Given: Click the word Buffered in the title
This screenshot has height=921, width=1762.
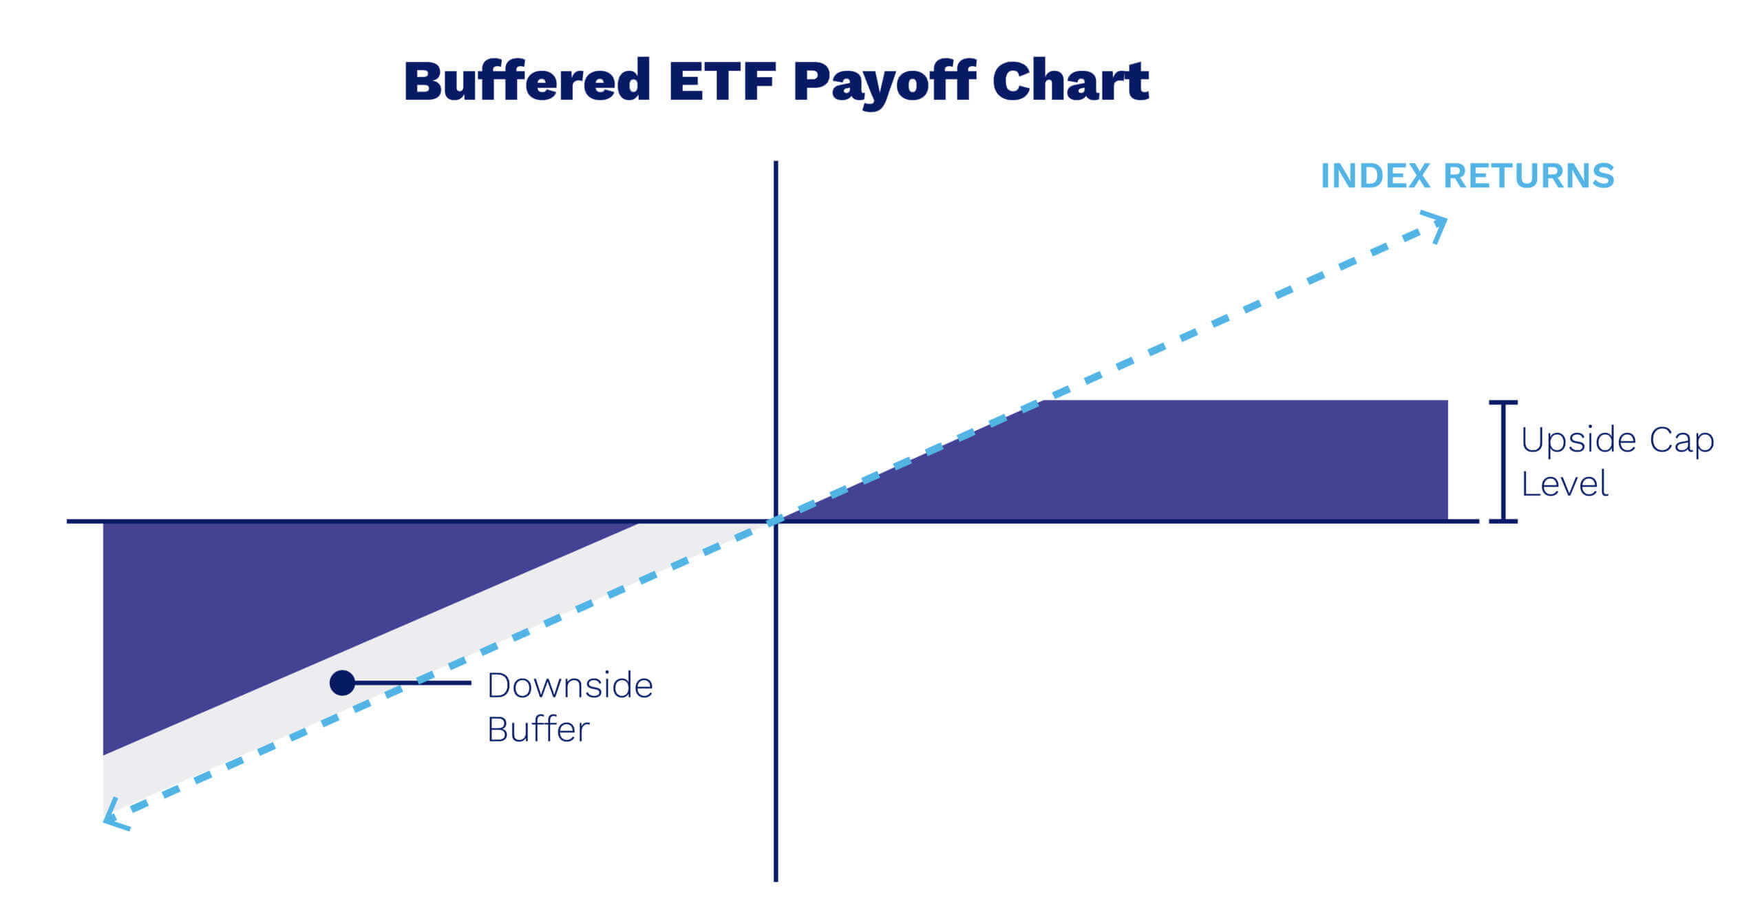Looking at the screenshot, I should tap(527, 82).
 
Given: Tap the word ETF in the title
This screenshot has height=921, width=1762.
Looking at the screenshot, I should tap(722, 82).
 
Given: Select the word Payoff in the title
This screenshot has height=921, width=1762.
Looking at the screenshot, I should tap(885, 83).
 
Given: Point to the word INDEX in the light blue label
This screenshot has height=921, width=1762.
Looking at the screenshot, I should tap(1375, 176).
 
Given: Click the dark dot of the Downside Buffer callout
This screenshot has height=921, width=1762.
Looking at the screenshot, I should tap(342, 683).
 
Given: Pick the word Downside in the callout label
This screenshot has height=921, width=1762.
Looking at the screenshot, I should tap(570, 686).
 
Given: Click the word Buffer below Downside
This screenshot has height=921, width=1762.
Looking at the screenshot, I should tap(538, 730).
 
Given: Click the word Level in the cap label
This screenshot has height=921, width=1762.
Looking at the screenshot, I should tap(1564, 484).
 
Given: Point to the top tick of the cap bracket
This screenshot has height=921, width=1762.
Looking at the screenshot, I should tap(1503, 402).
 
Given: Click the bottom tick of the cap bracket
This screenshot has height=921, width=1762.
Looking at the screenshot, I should tap(1503, 520).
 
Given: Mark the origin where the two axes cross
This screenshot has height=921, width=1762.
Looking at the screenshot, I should tap(776, 521).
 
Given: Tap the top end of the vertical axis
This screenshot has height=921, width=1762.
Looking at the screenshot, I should tap(776, 164).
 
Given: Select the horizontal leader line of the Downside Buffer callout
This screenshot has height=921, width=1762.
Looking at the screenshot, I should tap(413, 683).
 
